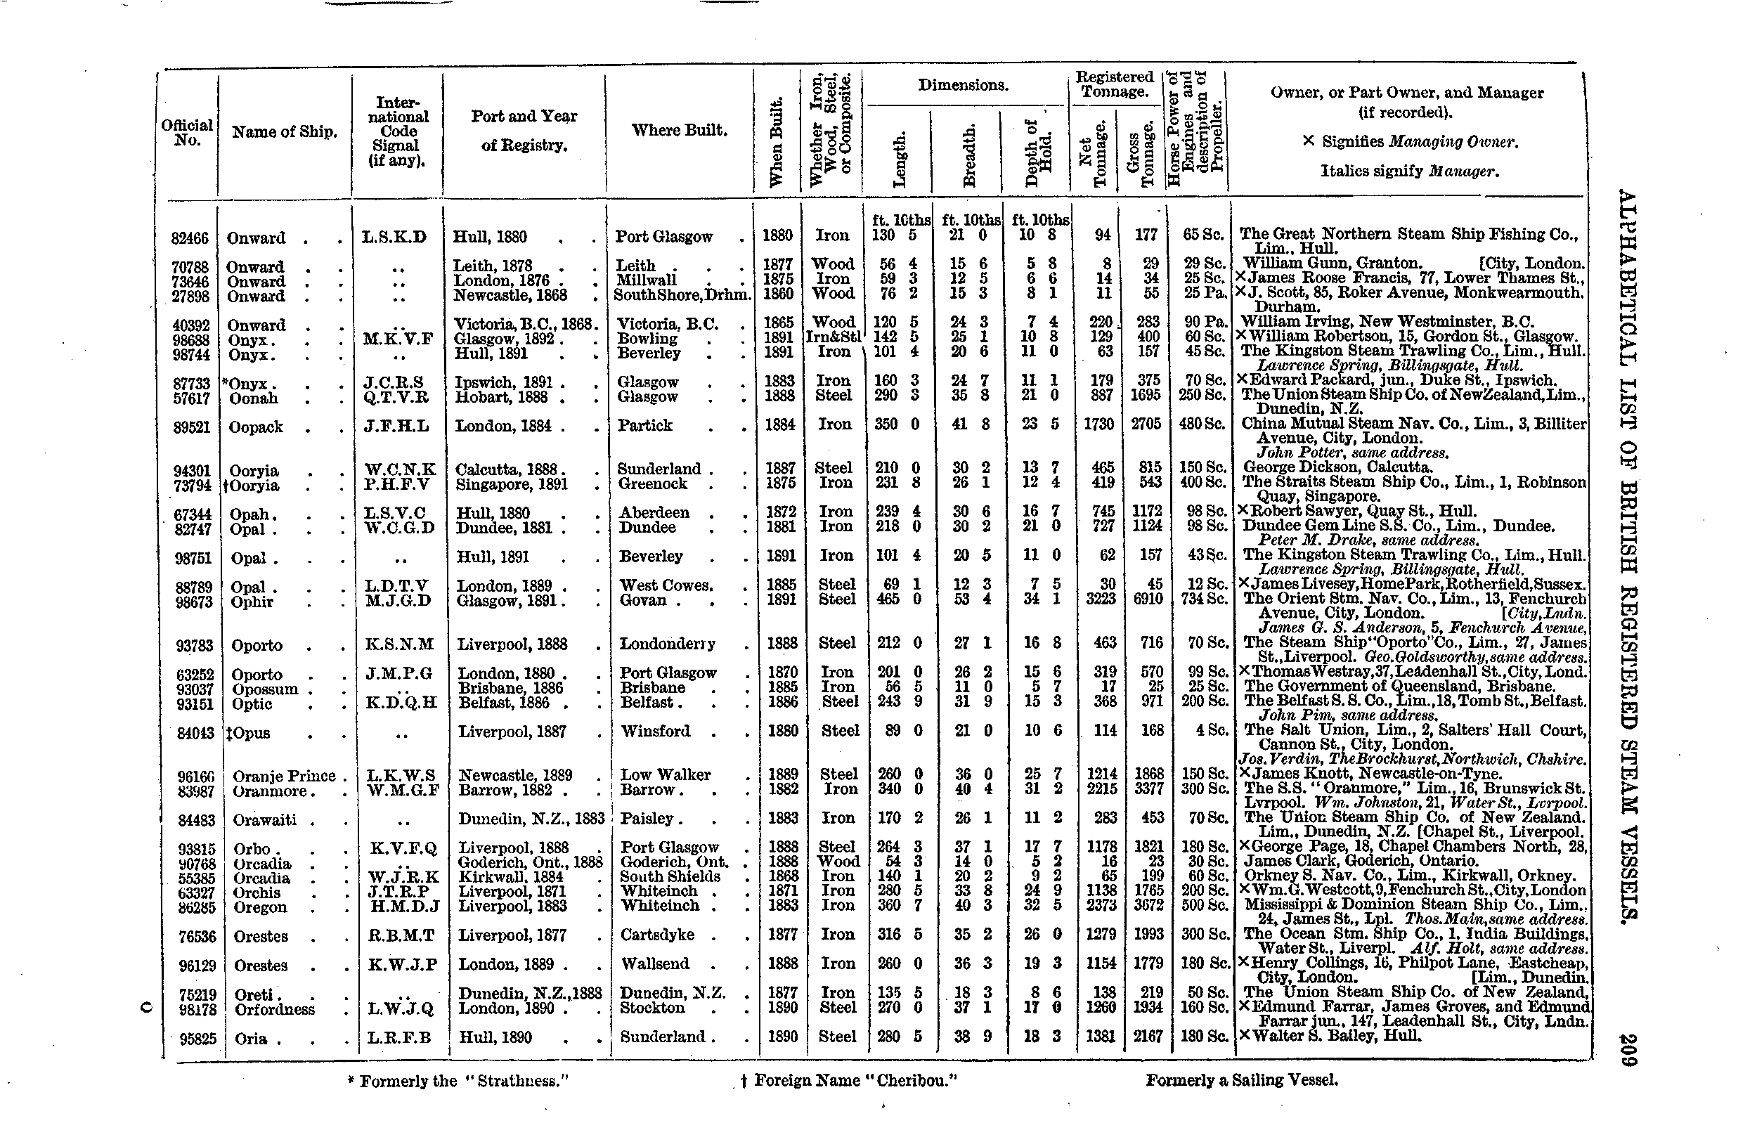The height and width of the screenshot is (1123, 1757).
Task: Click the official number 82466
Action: point(190,239)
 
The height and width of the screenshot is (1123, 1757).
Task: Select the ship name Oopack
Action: point(255,427)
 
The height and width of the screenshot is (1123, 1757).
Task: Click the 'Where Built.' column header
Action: point(680,131)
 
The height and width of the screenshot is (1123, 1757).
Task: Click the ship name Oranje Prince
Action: point(284,776)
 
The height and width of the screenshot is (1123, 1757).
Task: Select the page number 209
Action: point(1628,1050)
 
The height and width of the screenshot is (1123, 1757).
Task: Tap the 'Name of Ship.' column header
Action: point(285,132)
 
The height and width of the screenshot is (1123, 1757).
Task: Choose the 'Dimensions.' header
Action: point(963,85)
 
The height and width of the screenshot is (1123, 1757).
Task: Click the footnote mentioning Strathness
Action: point(458,1081)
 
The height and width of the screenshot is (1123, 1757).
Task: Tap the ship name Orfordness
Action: point(274,1009)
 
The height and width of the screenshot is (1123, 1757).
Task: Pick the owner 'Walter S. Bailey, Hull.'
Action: point(1330,1036)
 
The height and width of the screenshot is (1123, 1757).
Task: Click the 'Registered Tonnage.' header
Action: point(1114,84)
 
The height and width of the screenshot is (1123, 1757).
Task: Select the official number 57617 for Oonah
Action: point(191,398)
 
